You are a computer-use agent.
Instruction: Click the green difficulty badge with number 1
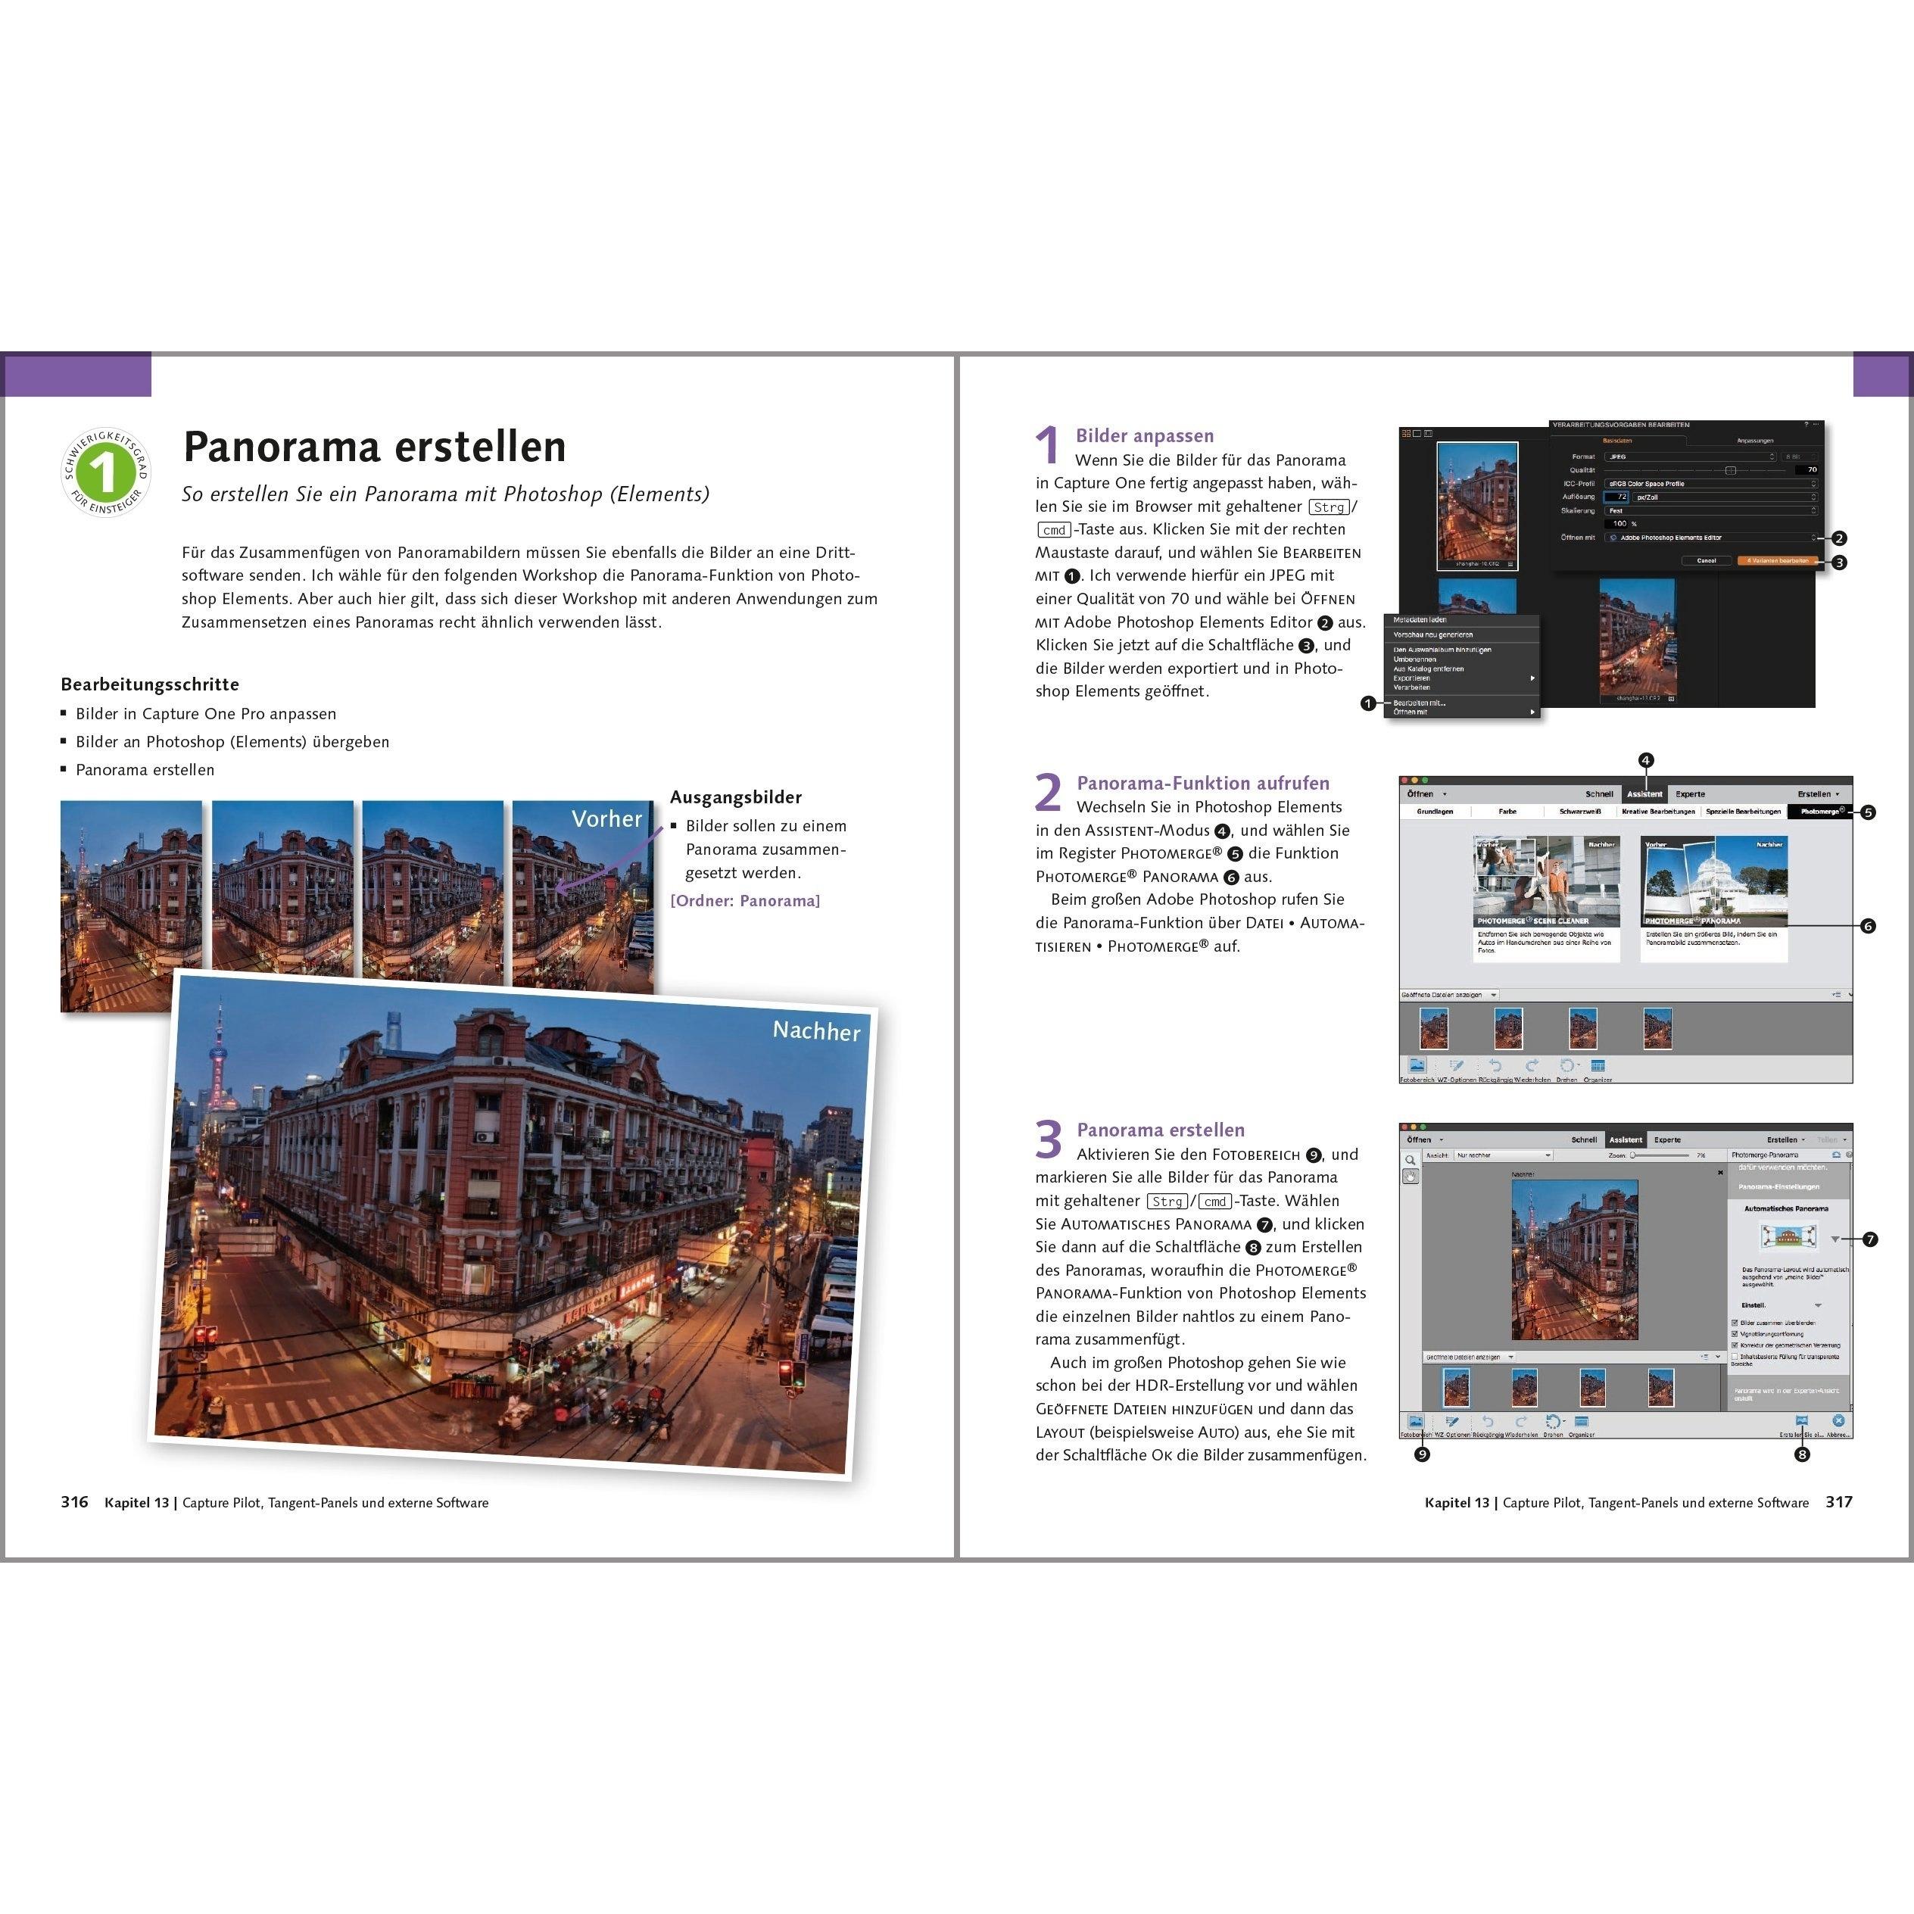click(x=105, y=472)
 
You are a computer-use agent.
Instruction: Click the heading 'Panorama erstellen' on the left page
click(x=375, y=447)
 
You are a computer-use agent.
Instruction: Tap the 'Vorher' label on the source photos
click(x=606, y=818)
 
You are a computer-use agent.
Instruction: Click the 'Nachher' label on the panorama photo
click(x=815, y=1030)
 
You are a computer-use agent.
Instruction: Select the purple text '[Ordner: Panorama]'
click(x=745, y=900)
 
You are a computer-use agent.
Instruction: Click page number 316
click(x=74, y=1502)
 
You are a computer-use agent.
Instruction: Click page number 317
click(x=1839, y=1502)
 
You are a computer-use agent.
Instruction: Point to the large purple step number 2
click(x=1048, y=793)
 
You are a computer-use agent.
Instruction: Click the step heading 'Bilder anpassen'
click(x=1144, y=436)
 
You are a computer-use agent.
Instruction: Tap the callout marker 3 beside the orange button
click(x=1839, y=563)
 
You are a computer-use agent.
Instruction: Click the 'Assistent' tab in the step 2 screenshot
click(x=1644, y=793)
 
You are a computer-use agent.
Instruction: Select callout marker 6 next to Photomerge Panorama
click(x=1868, y=926)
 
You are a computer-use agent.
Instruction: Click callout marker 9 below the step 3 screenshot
click(x=1422, y=1454)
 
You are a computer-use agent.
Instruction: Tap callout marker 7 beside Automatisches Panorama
click(x=1869, y=1239)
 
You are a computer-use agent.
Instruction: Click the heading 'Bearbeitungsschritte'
click(x=150, y=684)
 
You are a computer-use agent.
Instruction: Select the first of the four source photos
click(x=131, y=906)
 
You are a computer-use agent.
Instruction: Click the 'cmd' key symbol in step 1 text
click(x=1054, y=530)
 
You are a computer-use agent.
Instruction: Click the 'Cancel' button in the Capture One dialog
click(x=1706, y=561)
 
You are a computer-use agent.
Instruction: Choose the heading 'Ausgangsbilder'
click(x=735, y=797)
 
